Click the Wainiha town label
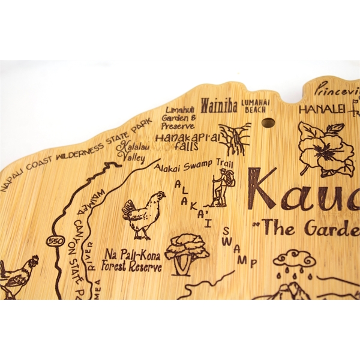[x=218, y=106]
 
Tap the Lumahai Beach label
[x=256, y=106]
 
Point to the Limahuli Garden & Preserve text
[x=179, y=118]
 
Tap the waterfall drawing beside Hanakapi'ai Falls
[x=234, y=139]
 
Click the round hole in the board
[x=268, y=123]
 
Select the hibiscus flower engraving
[x=326, y=149]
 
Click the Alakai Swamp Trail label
[x=192, y=167]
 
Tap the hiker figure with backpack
[x=224, y=187]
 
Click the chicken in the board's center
[x=143, y=215]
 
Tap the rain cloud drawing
[x=293, y=262]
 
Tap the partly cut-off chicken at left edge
[x=18, y=277]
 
